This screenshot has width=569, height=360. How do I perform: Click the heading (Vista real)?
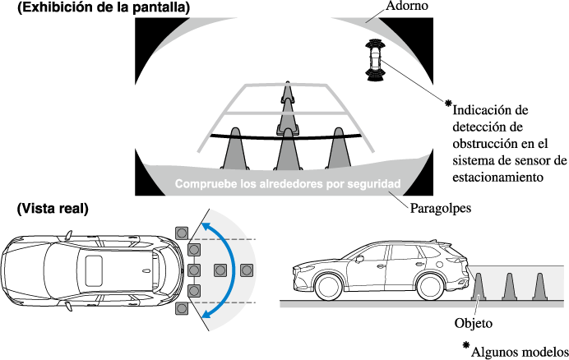tap(52, 209)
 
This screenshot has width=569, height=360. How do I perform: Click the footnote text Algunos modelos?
tap(520, 349)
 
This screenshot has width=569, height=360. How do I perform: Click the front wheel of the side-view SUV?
tap(330, 287)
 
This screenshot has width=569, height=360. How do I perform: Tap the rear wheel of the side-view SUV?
tap(433, 287)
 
